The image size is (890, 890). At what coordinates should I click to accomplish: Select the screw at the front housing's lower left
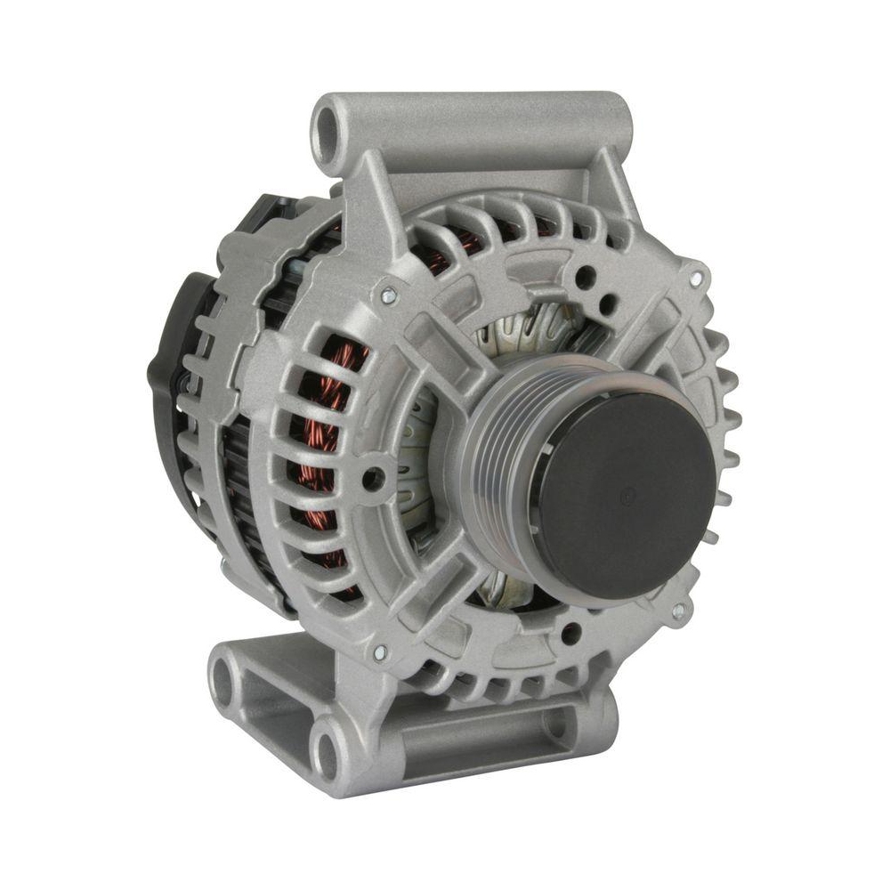pyautogui.click(x=381, y=654)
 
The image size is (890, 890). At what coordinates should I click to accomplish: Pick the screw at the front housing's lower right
pyautogui.click(x=678, y=611)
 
